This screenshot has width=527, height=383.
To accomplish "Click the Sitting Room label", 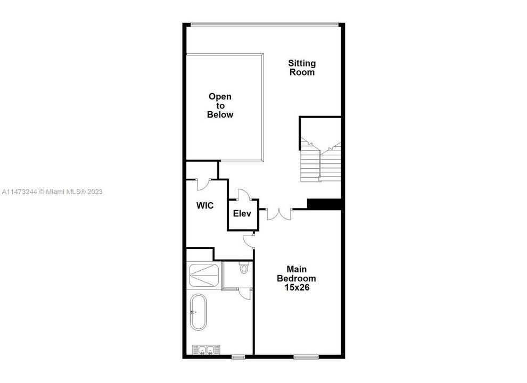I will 302,68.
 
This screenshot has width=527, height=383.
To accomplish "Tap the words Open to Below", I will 220,105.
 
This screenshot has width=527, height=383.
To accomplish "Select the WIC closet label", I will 205,205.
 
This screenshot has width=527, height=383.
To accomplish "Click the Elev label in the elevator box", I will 242,214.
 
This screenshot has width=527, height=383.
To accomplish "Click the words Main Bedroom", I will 297,273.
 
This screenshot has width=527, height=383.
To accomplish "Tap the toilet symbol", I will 244,268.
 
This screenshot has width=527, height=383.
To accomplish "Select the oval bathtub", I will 199,312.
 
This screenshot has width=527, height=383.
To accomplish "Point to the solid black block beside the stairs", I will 324,204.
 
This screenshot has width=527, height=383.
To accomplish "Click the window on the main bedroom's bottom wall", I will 306,356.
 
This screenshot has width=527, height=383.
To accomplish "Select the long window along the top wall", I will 265,23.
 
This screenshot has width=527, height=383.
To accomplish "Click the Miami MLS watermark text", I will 59,191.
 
